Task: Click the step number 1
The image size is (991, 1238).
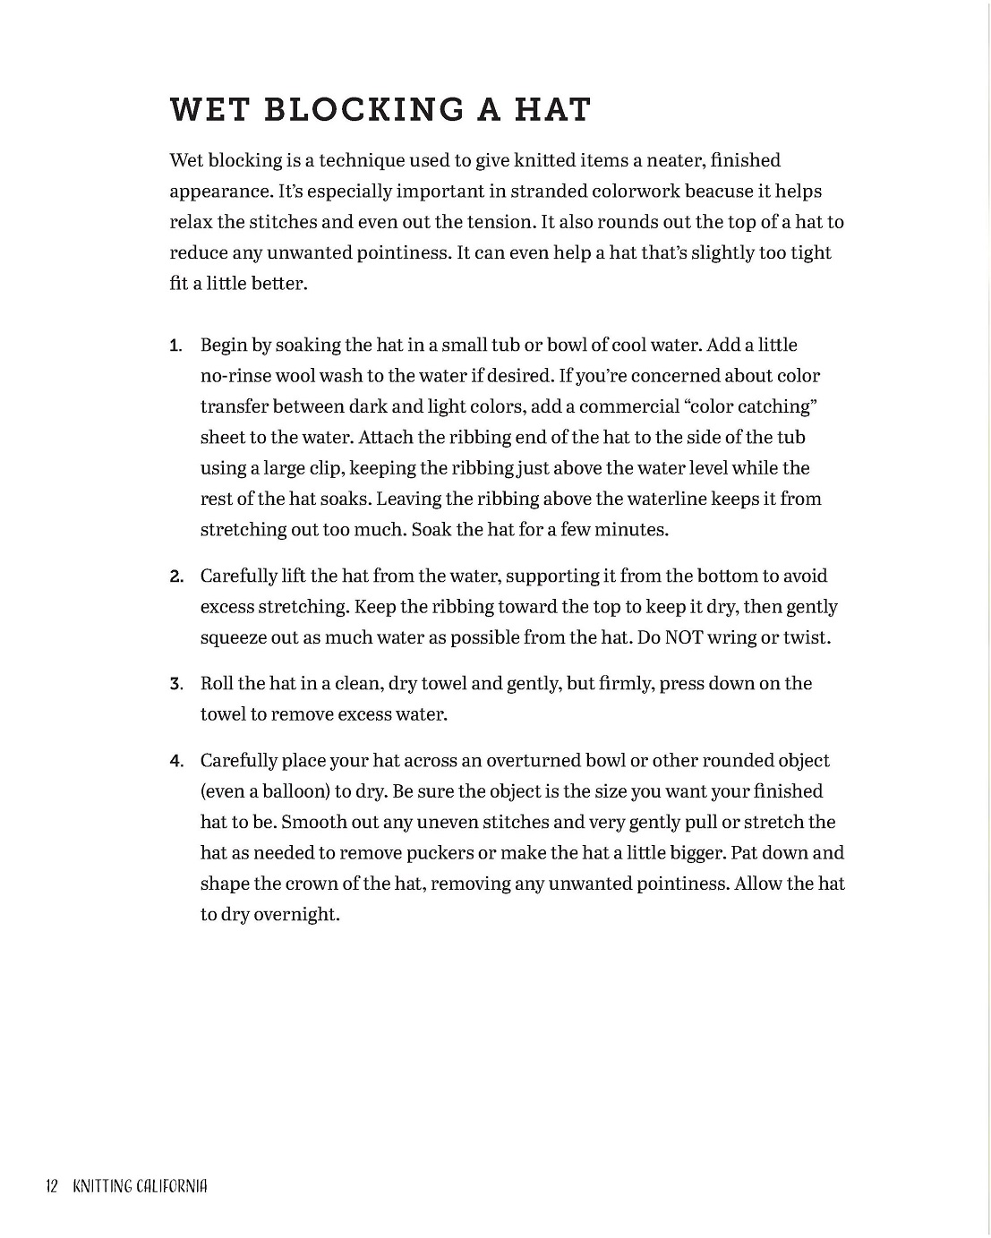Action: tap(175, 346)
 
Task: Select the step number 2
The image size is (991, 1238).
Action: tap(176, 577)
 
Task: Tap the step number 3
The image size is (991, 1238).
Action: tap(176, 685)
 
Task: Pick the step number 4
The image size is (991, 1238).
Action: tap(176, 762)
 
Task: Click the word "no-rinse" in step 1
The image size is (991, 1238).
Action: tap(235, 376)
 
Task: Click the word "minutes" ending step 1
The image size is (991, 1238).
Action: tap(633, 529)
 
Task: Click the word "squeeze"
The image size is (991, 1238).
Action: tap(235, 637)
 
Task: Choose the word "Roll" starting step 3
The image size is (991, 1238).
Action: tap(217, 684)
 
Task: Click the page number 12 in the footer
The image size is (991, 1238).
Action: tap(51, 1187)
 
